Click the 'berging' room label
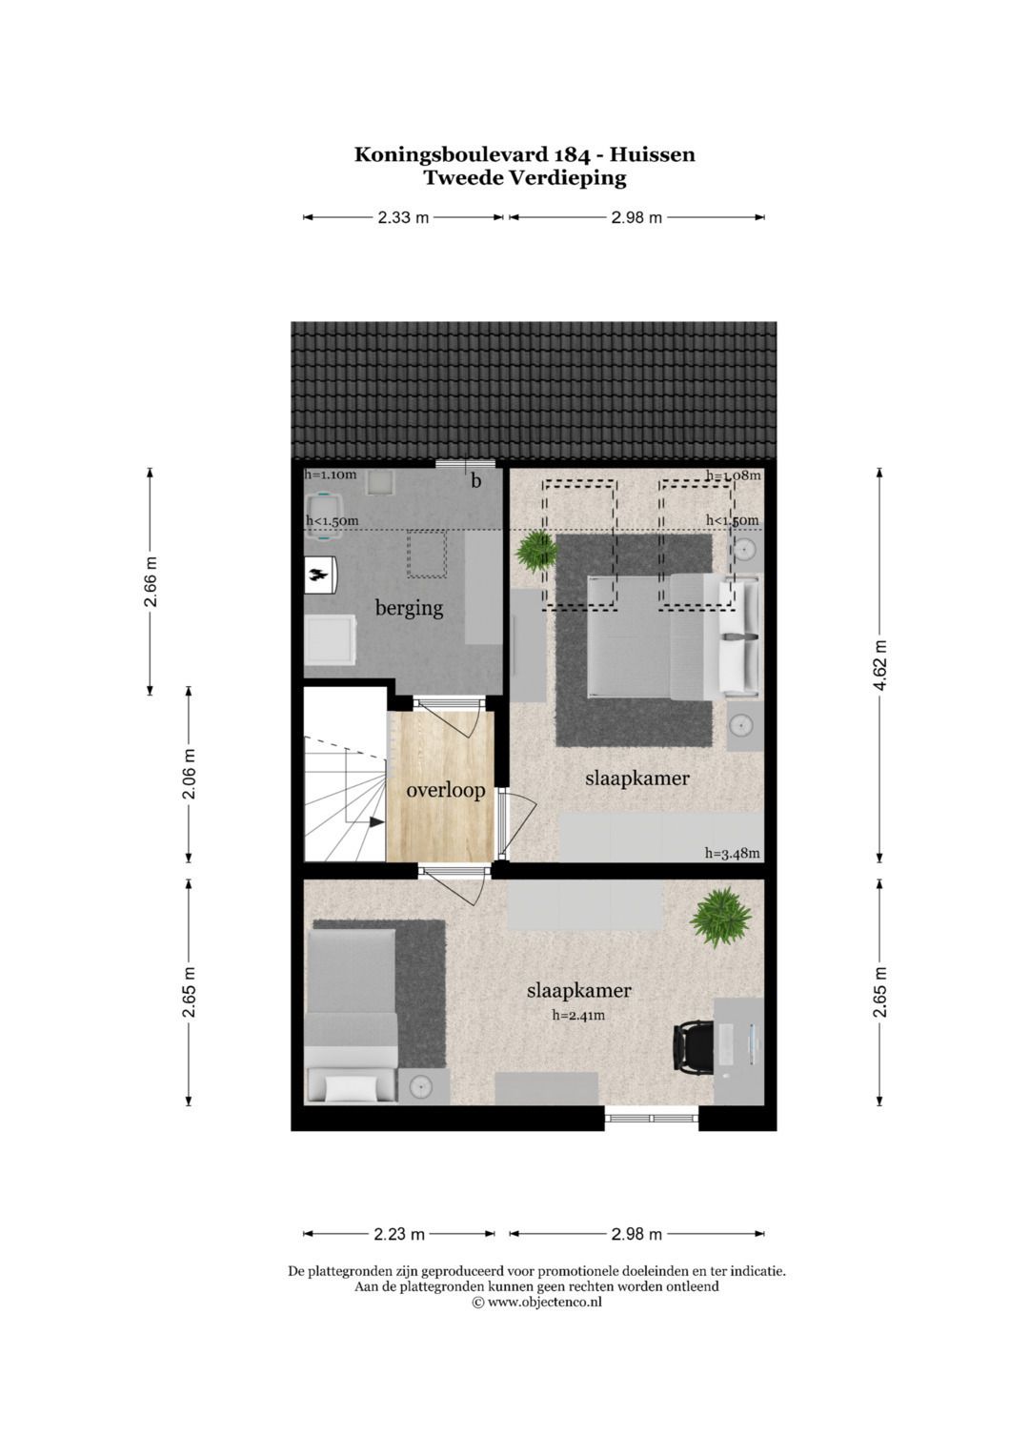pos(409,608)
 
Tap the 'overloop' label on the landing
pos(445,790)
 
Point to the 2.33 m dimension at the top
pos(403,217)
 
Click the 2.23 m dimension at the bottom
pos(398,1234)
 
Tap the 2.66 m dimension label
pos(151,581)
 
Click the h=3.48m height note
pos(732,854)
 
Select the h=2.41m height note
pos(578,1016)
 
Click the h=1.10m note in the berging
pos(331,475)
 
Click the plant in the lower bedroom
pos(721,918)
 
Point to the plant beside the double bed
pos(536,551)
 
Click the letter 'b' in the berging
pos(475,481)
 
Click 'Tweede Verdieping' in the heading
pos(525,177)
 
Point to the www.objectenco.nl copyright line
pos(536,1303)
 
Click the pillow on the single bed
pos(350,1086)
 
